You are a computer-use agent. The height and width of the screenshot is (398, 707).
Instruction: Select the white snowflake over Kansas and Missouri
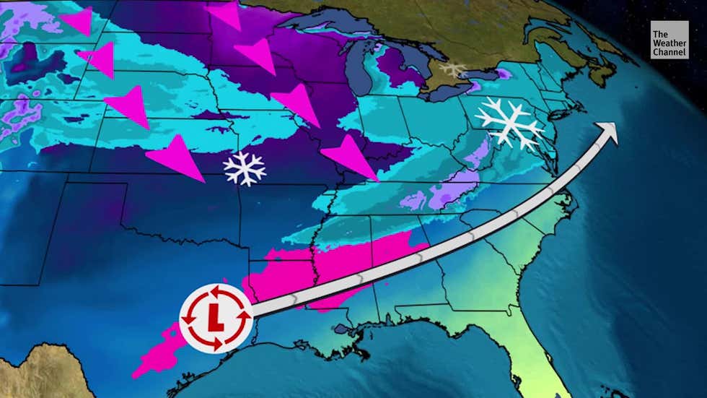245,168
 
